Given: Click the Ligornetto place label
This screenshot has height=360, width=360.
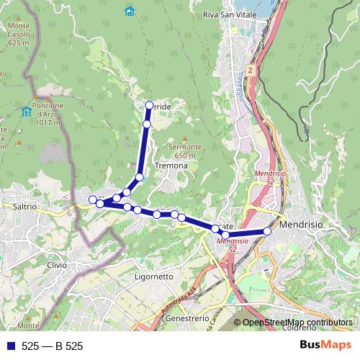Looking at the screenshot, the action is pos(153,276).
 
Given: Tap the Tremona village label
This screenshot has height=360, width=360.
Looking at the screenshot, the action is pos(171,166).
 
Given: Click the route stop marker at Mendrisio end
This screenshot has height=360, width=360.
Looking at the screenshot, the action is pos(267,231).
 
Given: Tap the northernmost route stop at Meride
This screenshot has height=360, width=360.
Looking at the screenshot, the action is pos(149,106).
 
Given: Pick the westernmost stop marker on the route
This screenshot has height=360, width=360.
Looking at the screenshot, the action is pos(92,199).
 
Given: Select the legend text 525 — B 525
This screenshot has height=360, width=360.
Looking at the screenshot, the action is pos(53,346).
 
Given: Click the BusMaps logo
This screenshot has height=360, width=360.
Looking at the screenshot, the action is pos(325,346).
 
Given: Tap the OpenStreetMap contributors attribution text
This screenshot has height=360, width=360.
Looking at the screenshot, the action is pos(297,323).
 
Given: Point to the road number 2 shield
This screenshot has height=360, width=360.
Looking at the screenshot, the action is pos(250,70).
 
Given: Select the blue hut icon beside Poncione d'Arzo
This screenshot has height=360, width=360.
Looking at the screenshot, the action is pos(27,111).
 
